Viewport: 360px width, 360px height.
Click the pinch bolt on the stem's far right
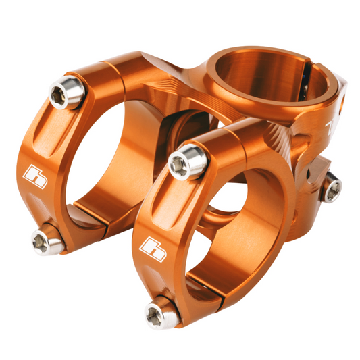[x=332, y=185]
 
